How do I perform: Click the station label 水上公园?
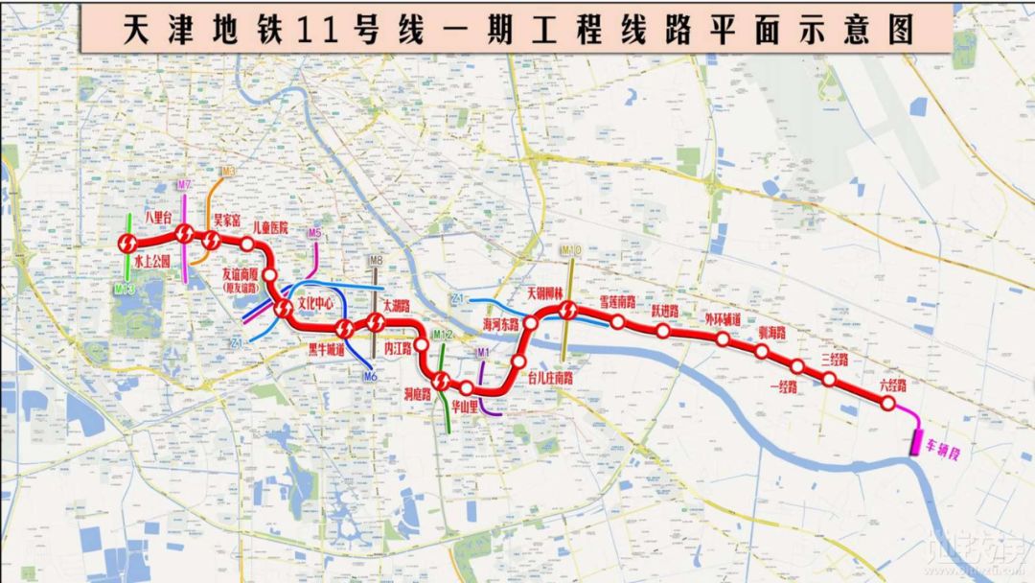(x=151, y=260)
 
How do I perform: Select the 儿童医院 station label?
(x=270, y=227)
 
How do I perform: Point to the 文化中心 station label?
(x=315, y=302)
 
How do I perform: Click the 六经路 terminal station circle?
(x=888, y=404)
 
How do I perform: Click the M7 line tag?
(x=185, y=184)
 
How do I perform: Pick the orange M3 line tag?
(x=227, y=172)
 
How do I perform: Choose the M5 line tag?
(x=315, y=233)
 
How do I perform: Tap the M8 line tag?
(x=377, y=260)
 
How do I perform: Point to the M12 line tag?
(x=443, y=335)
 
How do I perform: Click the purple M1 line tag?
(x=484, y=352)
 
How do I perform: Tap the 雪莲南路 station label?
(x=618, y=301)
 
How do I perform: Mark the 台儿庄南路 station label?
(x=550, y=378)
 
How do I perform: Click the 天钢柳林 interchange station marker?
(x=567, y=311)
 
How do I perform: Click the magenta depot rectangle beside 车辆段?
(x=916, y=442)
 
